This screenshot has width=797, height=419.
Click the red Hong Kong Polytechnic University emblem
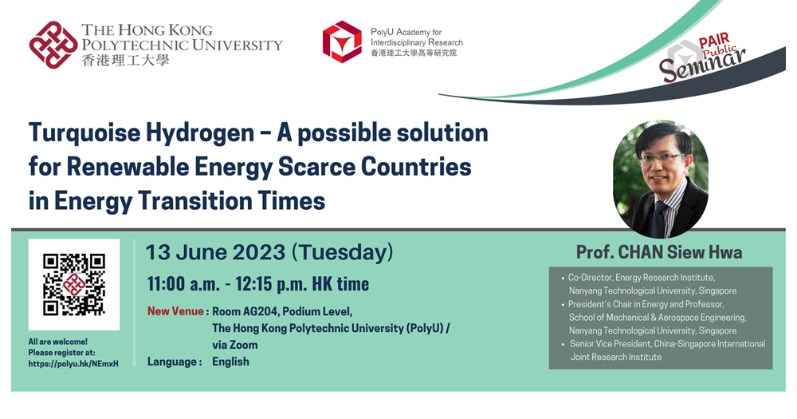tap(53, 45)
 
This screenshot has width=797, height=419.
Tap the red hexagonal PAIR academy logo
tap(342, 42)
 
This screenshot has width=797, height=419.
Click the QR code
tap(74, 284)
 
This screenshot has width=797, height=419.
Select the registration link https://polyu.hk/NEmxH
tap(73, 363)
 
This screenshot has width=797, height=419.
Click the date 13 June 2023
tap(215, 253)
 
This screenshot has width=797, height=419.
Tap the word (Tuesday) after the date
tap(342, 253)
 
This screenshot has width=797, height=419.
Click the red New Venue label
tap(175, 310)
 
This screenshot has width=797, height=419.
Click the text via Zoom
tap(234, 345)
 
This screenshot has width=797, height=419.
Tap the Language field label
tap(173, 362)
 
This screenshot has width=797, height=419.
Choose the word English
tap(230, 362)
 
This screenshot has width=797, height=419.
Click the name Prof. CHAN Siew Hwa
tap(659, 252)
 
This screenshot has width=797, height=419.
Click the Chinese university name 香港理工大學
tap(125, 60)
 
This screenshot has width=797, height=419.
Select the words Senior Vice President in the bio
tap(615, 344)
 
